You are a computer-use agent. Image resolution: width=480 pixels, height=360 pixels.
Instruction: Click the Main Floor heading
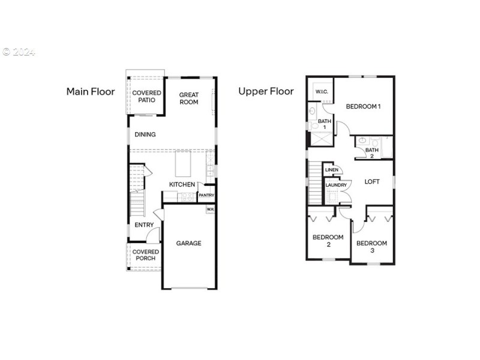(90, 92)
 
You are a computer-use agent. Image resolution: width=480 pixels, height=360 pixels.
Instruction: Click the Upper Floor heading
(266, 91)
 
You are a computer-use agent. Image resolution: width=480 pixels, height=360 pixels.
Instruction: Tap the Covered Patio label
(146, 96)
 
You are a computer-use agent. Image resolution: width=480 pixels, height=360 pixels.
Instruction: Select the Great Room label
(188, 98)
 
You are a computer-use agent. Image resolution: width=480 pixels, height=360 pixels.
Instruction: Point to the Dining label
(145, 134)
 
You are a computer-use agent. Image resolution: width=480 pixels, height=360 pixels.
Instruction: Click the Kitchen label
(182, 184)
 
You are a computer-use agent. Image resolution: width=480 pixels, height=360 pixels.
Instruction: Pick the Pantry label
(206, 196)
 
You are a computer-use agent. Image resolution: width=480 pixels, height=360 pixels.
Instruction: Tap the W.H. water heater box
(210, 209)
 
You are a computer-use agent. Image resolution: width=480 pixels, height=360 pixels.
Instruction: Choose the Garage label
(188, 243)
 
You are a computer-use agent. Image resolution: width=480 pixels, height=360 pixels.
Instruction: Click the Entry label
(144, 225)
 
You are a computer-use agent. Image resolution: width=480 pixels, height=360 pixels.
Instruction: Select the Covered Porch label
(145, 255)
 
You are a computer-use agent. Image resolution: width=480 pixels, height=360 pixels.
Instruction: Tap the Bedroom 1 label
(363, 106)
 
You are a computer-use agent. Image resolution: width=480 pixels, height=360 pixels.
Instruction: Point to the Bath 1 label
(325, 124)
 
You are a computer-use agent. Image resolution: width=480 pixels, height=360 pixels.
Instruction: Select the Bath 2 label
(372, 153)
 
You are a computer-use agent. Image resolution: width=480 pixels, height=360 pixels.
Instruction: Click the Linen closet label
(332, 170)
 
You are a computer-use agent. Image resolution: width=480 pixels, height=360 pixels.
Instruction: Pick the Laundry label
(335, 185)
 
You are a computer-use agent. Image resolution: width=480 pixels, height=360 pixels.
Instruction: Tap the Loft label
(372, 181)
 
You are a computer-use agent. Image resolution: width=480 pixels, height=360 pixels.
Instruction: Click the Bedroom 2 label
(328, 241)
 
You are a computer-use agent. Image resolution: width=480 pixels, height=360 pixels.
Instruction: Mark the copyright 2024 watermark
(18, 52)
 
